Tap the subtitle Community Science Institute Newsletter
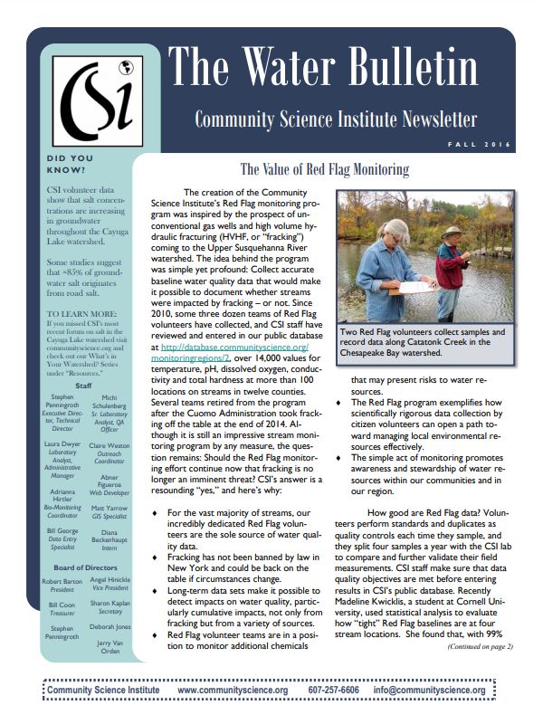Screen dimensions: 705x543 click(335, 119)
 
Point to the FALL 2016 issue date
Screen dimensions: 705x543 click(479, 145)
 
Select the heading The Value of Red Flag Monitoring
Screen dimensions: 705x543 click(323, 169)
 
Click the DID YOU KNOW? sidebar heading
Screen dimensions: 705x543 click(70, 164)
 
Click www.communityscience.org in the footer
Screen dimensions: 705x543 click(233, 690)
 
